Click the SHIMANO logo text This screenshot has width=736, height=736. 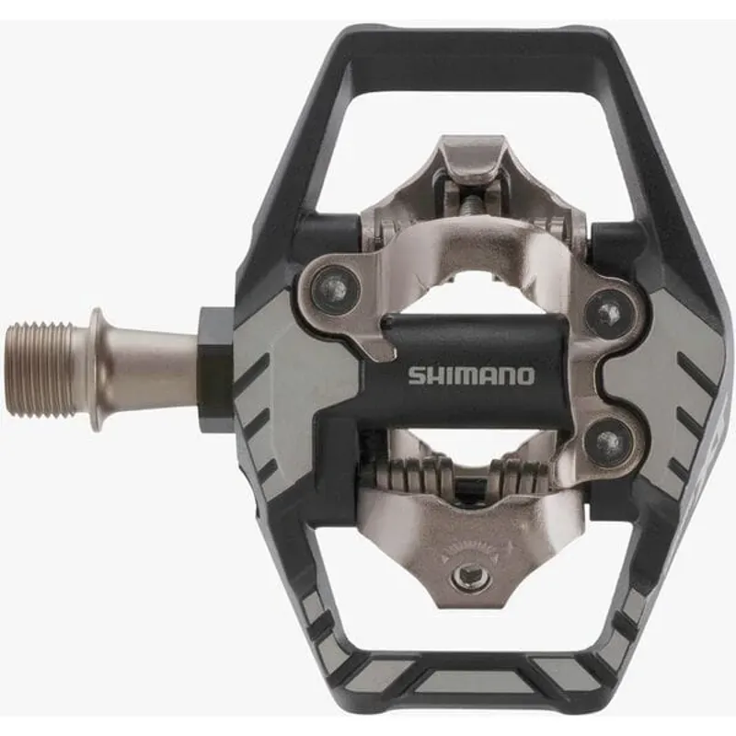(x=470, y=375)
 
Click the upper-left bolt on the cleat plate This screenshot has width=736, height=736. (x=334, y=290)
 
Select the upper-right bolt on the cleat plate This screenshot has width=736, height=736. (x=606, y=314)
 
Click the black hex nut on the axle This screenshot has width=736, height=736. (x=213, y=362)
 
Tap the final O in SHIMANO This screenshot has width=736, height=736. (x=523, y=375)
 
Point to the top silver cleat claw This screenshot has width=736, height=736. (x=469, y=166)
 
